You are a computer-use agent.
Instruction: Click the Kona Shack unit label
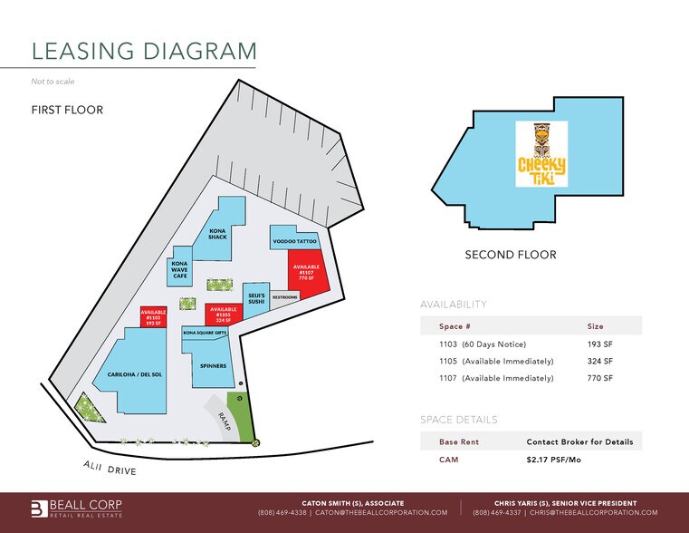[217, 234]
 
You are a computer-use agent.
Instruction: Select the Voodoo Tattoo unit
[294, 242]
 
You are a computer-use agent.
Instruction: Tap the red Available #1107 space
[307, 272]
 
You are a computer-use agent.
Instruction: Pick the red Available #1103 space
[153, 317]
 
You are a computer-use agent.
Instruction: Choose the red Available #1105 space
[223, 314]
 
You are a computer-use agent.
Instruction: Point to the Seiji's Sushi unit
[256, 299]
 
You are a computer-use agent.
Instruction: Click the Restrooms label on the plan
[285, 297]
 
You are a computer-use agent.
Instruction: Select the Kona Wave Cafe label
[179, 269]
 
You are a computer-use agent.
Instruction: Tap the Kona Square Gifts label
[206, 333]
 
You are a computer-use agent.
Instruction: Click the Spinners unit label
[214, 366]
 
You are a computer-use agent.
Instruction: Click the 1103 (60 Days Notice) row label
[482, 344]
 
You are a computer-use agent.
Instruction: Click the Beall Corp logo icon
[38, 509]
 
